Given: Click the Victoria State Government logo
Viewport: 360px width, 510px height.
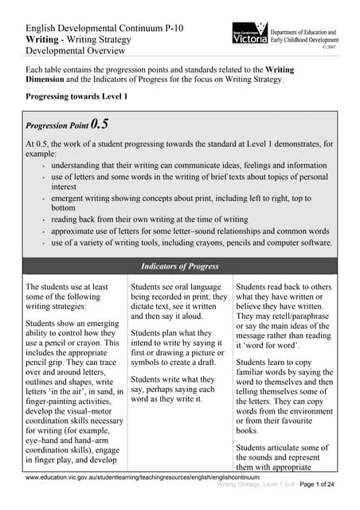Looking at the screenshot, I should pyautogui.click(x=249, y=36).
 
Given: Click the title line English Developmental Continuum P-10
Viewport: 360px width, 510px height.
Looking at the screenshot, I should pyautogui.click(x=104, y=28).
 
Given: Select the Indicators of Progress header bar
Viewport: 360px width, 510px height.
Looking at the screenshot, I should pyautogui.click(x=180, y=265).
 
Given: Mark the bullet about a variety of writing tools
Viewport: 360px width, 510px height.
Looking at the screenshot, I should pyautogui.click(x=192, y=243).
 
